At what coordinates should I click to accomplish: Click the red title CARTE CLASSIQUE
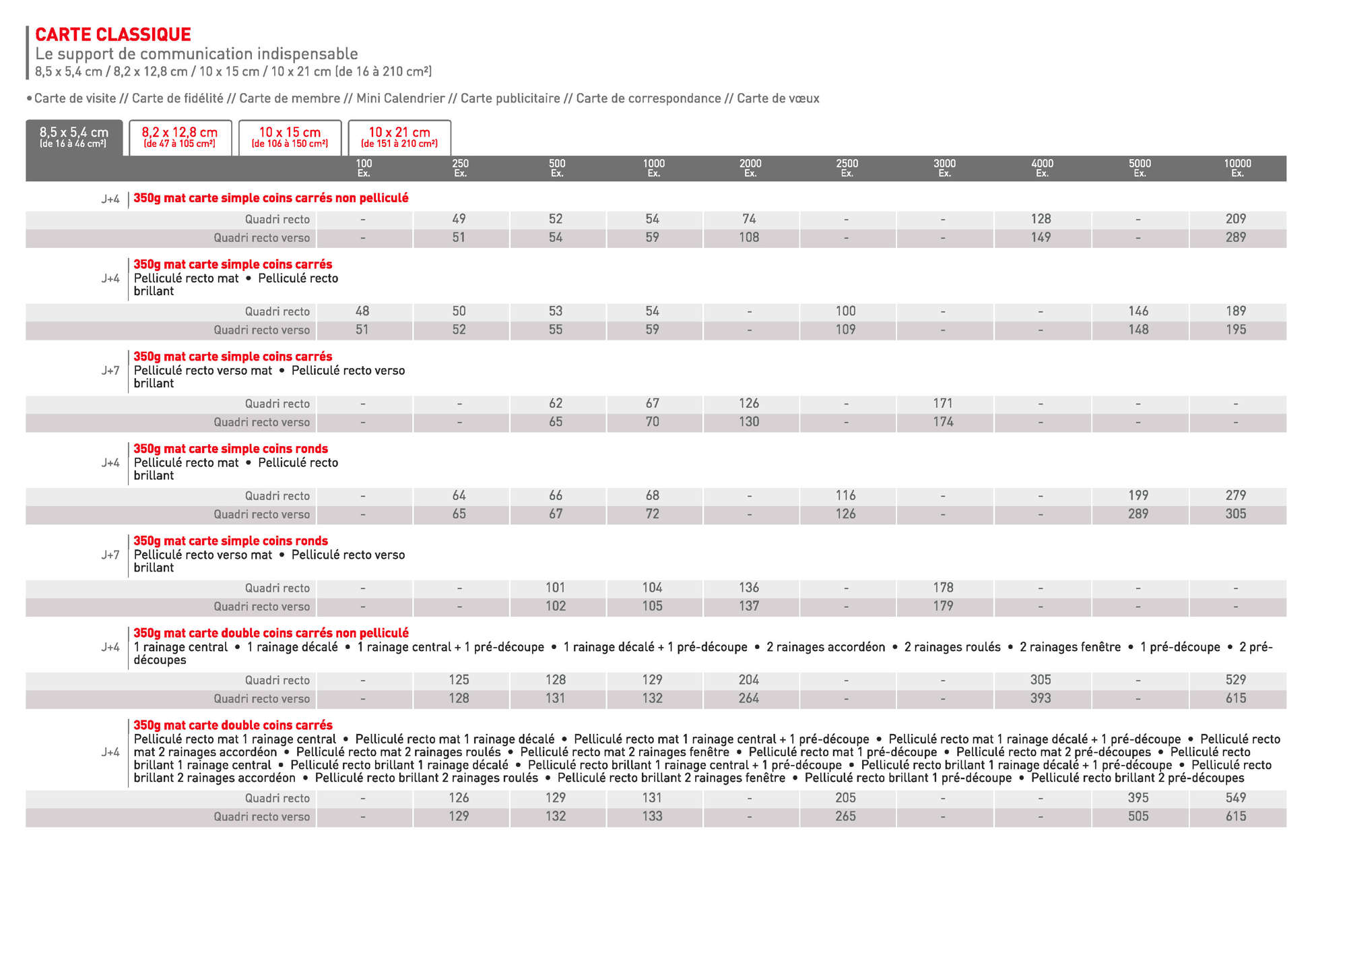pos(113,34)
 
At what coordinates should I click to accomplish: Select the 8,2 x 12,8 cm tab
pos(180,137)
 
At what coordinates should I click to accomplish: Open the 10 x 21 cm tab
pos(399,137)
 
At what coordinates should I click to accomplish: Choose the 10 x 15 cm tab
pos(290,137)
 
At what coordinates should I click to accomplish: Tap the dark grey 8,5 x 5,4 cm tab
pos(74,137)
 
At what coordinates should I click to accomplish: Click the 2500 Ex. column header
pos(847,168)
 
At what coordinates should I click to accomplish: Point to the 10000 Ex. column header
pos(1237,168)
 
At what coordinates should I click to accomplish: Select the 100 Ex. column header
pos(364,168)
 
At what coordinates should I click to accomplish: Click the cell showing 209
pos(1236,219)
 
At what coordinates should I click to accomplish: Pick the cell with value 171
pos(943,403)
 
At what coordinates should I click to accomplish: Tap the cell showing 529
pos(1236,680)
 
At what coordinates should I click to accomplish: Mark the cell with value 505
pos(1138,816)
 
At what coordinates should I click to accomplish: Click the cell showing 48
pos(362,311)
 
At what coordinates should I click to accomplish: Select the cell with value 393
pos(1041,698)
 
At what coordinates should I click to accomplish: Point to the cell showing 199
pos(1138,495)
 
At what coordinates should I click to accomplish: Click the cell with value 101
pos(556,588)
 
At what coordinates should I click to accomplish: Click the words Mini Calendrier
pos(400,98)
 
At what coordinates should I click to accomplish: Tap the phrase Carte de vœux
pos(778,98)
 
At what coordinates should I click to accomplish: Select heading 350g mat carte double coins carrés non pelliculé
pos(271,633)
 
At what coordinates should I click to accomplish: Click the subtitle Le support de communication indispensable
pos(197,54)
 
